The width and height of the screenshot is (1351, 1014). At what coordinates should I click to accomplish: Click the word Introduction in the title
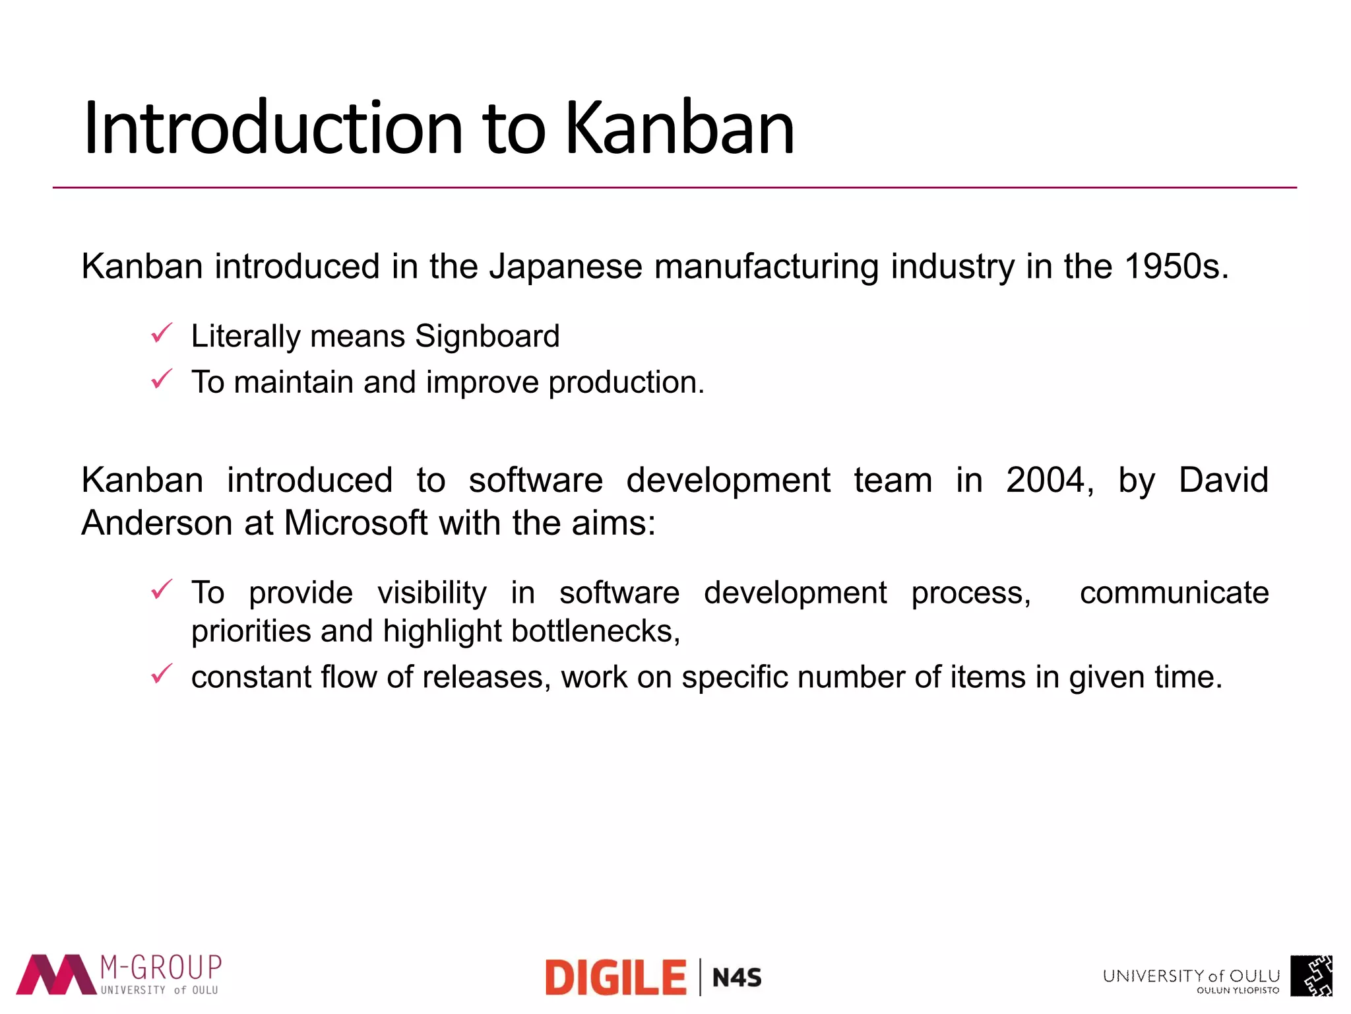(273, 128)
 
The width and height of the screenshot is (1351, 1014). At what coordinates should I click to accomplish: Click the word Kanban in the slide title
(679, 128)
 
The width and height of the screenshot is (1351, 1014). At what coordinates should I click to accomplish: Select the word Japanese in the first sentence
(565, 267)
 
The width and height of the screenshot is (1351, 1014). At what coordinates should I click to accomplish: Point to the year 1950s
(1176, 267)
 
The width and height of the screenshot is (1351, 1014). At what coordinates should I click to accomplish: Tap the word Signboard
(487, 336)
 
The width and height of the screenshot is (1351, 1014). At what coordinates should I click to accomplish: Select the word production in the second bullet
(626, 383)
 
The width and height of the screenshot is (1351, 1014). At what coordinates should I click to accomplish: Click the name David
(1223, 480)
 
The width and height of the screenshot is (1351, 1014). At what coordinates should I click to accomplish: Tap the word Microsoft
(356, 523)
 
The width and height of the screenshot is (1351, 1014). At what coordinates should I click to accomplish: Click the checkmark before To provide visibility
(162, 589)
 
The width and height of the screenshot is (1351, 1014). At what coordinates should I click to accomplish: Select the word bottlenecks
(595, 631)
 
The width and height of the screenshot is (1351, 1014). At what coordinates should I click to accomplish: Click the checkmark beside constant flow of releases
(162, 674)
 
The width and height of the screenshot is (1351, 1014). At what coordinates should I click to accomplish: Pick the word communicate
(1174, 593)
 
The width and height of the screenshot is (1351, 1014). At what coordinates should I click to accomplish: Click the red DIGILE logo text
(616, 978)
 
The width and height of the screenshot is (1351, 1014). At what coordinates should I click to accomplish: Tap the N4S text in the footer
(737, 978)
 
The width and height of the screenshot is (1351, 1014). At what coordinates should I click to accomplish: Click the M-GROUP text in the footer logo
(161, 968)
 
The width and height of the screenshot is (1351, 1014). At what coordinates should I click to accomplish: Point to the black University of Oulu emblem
(1311, 976)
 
